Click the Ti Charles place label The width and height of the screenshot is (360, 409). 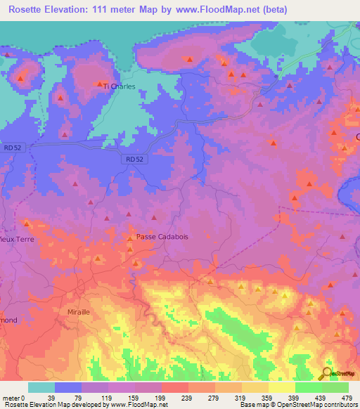click(x=119, y=86)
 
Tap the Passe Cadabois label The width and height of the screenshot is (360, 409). click(x=162, y=237)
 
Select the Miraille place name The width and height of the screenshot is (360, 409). click(x=79, y=311)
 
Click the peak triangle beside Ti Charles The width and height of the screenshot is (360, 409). click(x=99, y=82)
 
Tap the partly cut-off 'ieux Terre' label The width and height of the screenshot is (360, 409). click(x=13, y=238)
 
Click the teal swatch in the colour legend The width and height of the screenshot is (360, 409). click(x=41, y=387)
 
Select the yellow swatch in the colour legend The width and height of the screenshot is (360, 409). click(x=281, y=387)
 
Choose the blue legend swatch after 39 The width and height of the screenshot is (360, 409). click(x=68, y=387)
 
